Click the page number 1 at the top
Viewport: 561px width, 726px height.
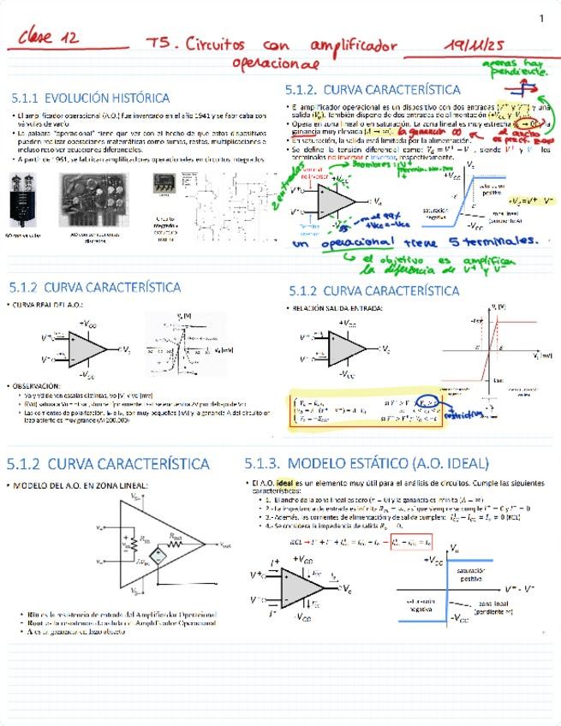click(541, 19)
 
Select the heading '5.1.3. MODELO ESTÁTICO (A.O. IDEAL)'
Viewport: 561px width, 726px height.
click(367, 464)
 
